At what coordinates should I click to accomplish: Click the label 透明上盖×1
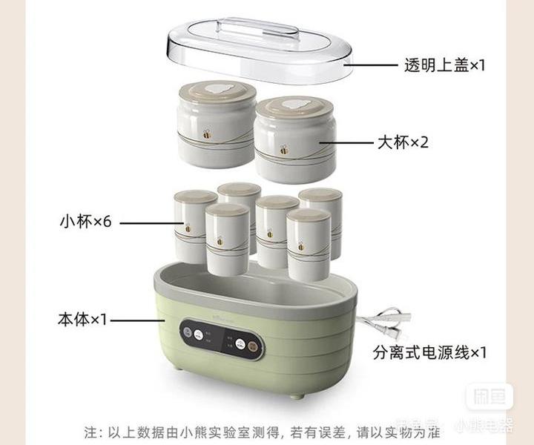[x=444, y=65]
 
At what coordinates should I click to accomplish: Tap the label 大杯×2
[x=403, y=142]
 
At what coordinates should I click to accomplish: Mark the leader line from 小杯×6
[x=146, y=222]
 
